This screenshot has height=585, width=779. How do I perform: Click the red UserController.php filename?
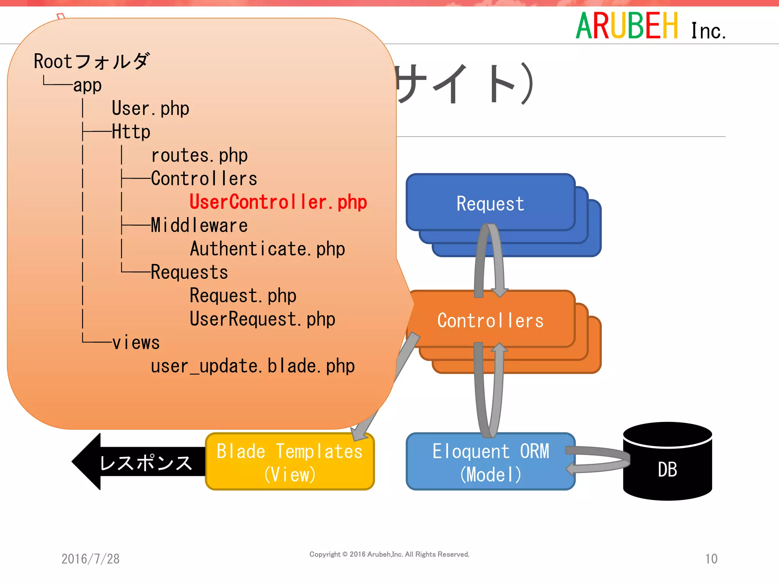pos(278,202)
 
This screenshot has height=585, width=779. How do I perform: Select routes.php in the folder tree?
pos(199,155)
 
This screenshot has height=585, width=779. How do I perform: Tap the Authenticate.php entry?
pos(267,249)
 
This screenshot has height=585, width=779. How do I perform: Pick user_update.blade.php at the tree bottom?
pos(253,366)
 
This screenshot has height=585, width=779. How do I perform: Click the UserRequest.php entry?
pos(262,319)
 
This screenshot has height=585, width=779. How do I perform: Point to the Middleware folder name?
pos(199,225)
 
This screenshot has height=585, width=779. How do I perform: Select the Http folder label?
pos(131,132)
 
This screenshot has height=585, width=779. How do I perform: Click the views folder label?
pos(136,343)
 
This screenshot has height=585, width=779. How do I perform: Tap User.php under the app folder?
pos(150,109)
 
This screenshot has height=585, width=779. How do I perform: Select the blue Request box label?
pos(490,204)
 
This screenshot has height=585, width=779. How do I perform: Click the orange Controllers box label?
pos(490,321)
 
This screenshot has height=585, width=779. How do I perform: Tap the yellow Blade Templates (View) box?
pos(290,462)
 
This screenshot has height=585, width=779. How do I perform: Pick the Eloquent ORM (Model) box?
pos(490,462)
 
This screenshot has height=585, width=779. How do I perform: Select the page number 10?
pos(711,559)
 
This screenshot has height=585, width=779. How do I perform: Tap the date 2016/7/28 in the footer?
pos(91,559)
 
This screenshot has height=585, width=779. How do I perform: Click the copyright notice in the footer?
pos(389,555)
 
